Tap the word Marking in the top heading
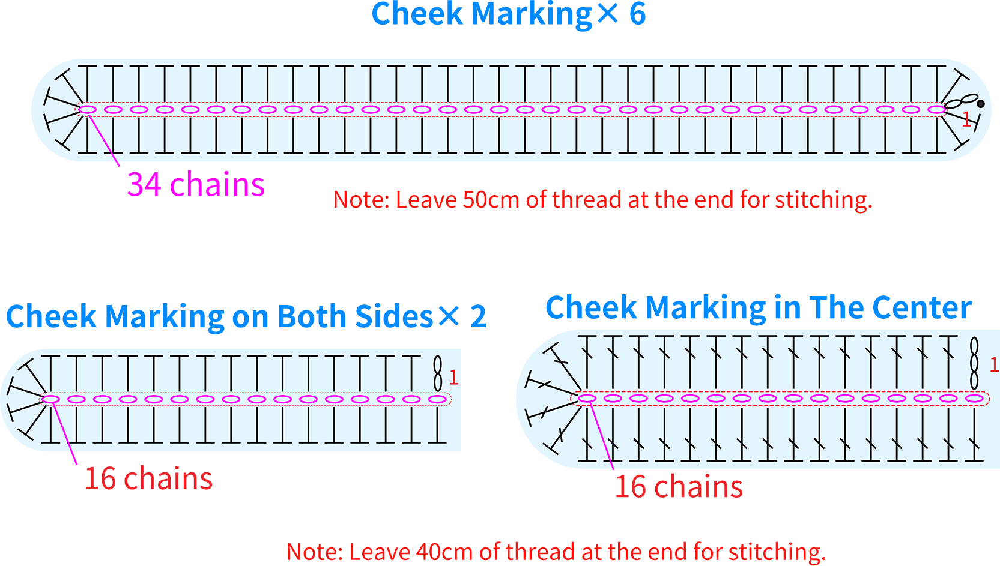[x=532, y=15]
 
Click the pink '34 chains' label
[x=196, y=184]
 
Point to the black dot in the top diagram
[x=981, y=104]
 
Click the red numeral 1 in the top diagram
[x=966, y=119]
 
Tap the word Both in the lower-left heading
[x=312, y=316]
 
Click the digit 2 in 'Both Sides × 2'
[x=478, y=317]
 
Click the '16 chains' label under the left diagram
[x=148, y=478]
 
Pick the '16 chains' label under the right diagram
[x=679, y=487]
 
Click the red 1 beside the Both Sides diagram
[x=453, y=378]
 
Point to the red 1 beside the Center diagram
[x=994, y=365]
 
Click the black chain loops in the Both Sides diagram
[x=438, y=374]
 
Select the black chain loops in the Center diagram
[x=974, y=363]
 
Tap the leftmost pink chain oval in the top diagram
[x=88, y=109]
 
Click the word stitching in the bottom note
[x=777, y=553]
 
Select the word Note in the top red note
[x=361, y=200]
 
